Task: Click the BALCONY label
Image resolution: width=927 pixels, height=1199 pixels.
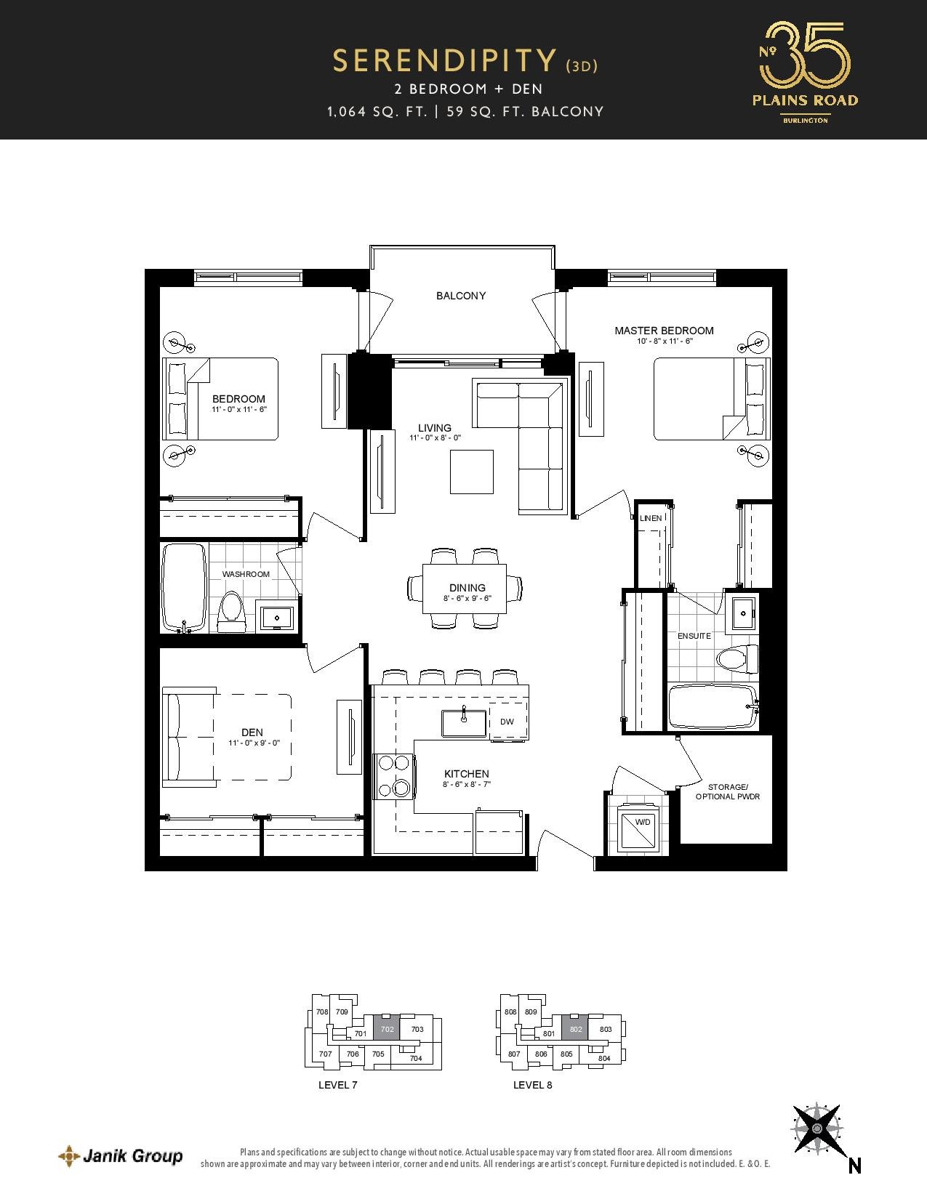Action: [460, 296]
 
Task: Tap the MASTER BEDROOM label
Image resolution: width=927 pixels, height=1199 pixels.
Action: [665, 331]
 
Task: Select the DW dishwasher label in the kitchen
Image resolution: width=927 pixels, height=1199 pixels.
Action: [507, 722]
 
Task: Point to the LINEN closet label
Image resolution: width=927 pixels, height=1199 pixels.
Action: [651, 518]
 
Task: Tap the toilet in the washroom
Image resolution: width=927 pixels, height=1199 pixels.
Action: [230, 612]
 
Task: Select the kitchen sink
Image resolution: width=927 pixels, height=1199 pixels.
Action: [464, 723]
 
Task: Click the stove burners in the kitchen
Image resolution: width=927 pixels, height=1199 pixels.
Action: [394, 776]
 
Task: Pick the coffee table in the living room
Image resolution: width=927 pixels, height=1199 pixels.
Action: [472, 472]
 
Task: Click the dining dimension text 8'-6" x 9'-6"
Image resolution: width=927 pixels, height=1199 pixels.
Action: [467, 598]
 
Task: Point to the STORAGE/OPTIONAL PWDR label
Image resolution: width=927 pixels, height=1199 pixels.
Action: [728, 792]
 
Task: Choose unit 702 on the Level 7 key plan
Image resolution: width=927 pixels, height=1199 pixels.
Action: [387, 1030]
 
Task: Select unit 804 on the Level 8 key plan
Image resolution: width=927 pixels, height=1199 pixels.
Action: [604, 1058]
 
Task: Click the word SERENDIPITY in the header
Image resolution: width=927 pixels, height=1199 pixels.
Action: [444, 61]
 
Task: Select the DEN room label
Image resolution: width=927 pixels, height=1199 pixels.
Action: [252, 732]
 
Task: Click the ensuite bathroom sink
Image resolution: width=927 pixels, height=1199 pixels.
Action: [743, 613]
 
